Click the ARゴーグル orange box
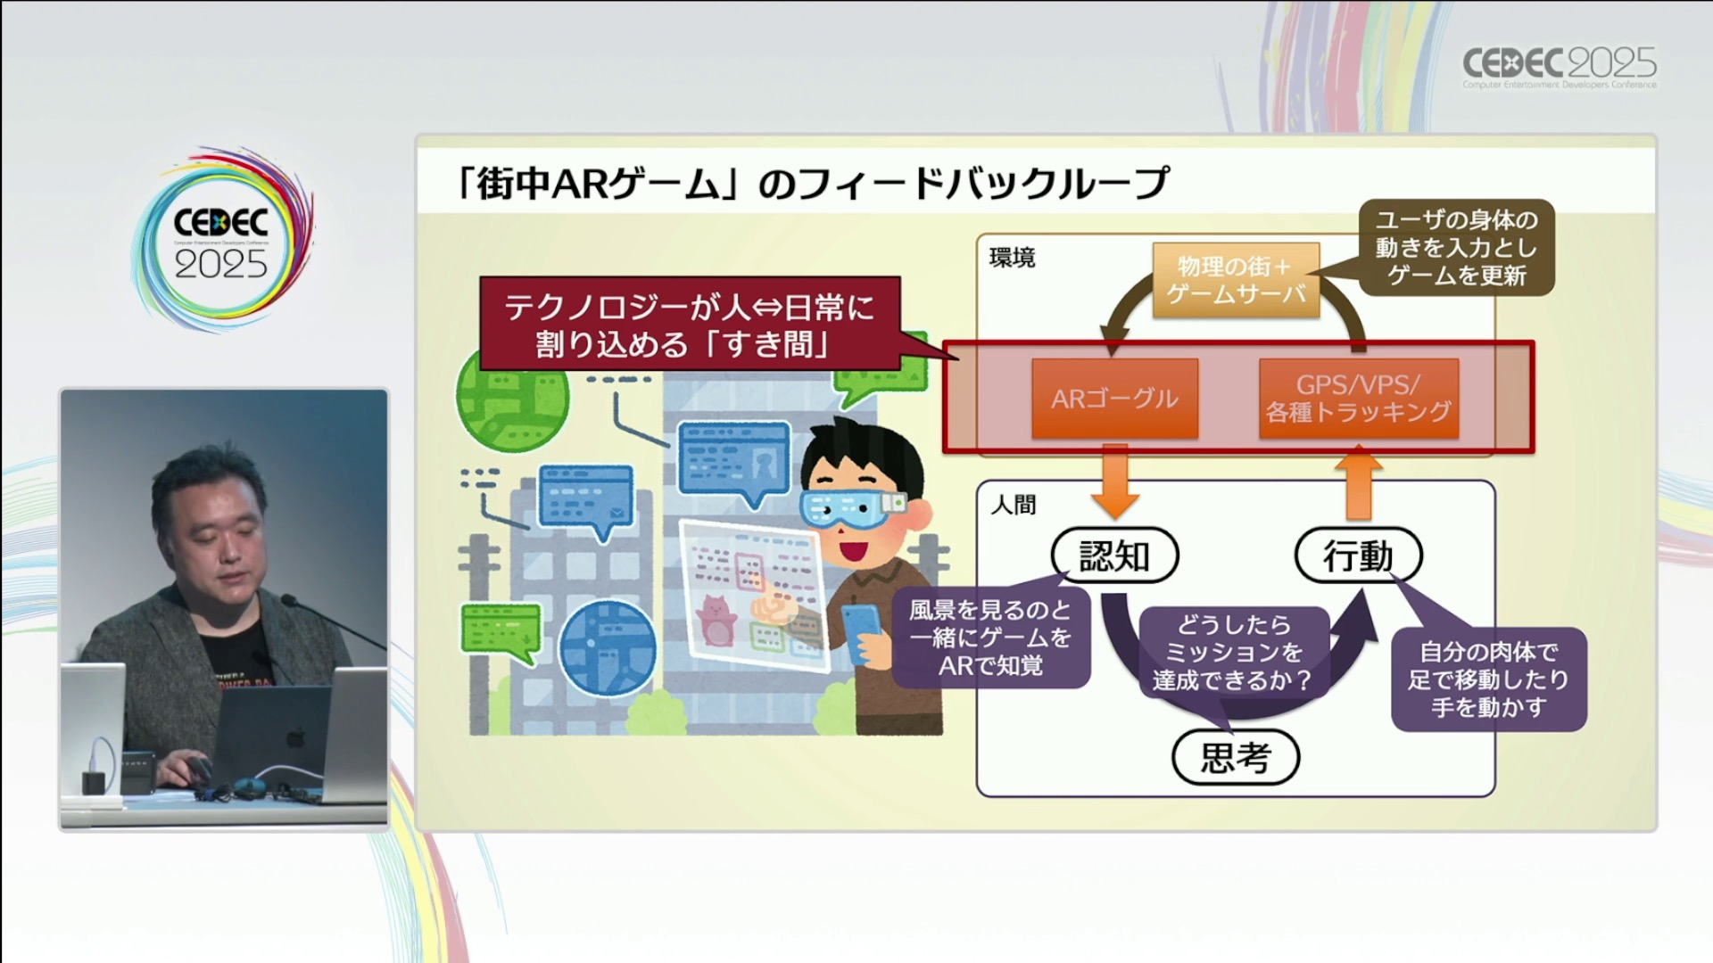coord(1114,399)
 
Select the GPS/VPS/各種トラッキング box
coord(1358,399)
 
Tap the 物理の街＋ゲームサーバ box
coord(1236,280)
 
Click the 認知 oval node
coord(1114,556)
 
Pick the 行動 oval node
coord(1358,556)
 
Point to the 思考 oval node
coord(1235,758)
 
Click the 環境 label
coord(1012,259)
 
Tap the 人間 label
coord(1014,505)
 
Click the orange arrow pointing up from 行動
coord(1358,484)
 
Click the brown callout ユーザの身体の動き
coord(1456,248)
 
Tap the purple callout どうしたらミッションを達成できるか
coord(1233,653)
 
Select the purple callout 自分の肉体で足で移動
coord(1488,679)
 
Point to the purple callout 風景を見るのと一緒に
coord(990,638)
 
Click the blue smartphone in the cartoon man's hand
coord(861,629)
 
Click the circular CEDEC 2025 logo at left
coord(221,242)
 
